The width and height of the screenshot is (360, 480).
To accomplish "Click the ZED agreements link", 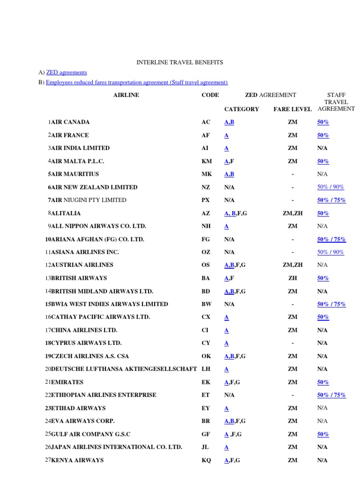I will [x=67, y=72].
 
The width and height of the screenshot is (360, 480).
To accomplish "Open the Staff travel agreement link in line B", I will [x=137, y=82].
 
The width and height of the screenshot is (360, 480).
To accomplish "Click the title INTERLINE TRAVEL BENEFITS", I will [x=180, y=62].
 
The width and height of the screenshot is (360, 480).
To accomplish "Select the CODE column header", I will [x=210, y=95].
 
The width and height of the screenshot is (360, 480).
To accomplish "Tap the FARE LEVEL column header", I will [x=292, y=109].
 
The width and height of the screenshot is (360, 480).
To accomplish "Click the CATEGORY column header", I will [x=241, y=109].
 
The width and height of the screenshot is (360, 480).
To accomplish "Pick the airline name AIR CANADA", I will [x=70, y=122].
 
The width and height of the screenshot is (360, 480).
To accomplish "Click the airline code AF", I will [x=206, y=135].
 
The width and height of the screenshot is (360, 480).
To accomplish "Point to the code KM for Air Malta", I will [x=207, y=161].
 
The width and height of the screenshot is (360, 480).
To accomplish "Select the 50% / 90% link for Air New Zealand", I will [x=330, y=187].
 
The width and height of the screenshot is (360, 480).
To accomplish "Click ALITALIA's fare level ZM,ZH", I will [x=292, y=213].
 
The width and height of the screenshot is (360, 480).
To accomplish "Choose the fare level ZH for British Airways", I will [x=292, y=278].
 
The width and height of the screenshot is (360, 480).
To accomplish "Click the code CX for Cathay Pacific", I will [x=206, y=317].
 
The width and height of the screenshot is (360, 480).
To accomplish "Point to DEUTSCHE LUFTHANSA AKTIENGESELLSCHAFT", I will [x=124, y=369].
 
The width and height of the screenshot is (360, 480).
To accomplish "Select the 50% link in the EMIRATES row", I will [x=323, y=382].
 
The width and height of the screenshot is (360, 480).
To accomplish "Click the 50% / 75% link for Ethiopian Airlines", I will [x=331, y=395].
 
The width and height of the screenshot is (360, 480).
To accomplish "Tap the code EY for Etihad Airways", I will [x=206, y=408].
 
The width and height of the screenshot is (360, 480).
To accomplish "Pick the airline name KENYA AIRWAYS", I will [x=77, y=460].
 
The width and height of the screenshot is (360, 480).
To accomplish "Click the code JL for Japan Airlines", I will [x=205, y=447].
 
